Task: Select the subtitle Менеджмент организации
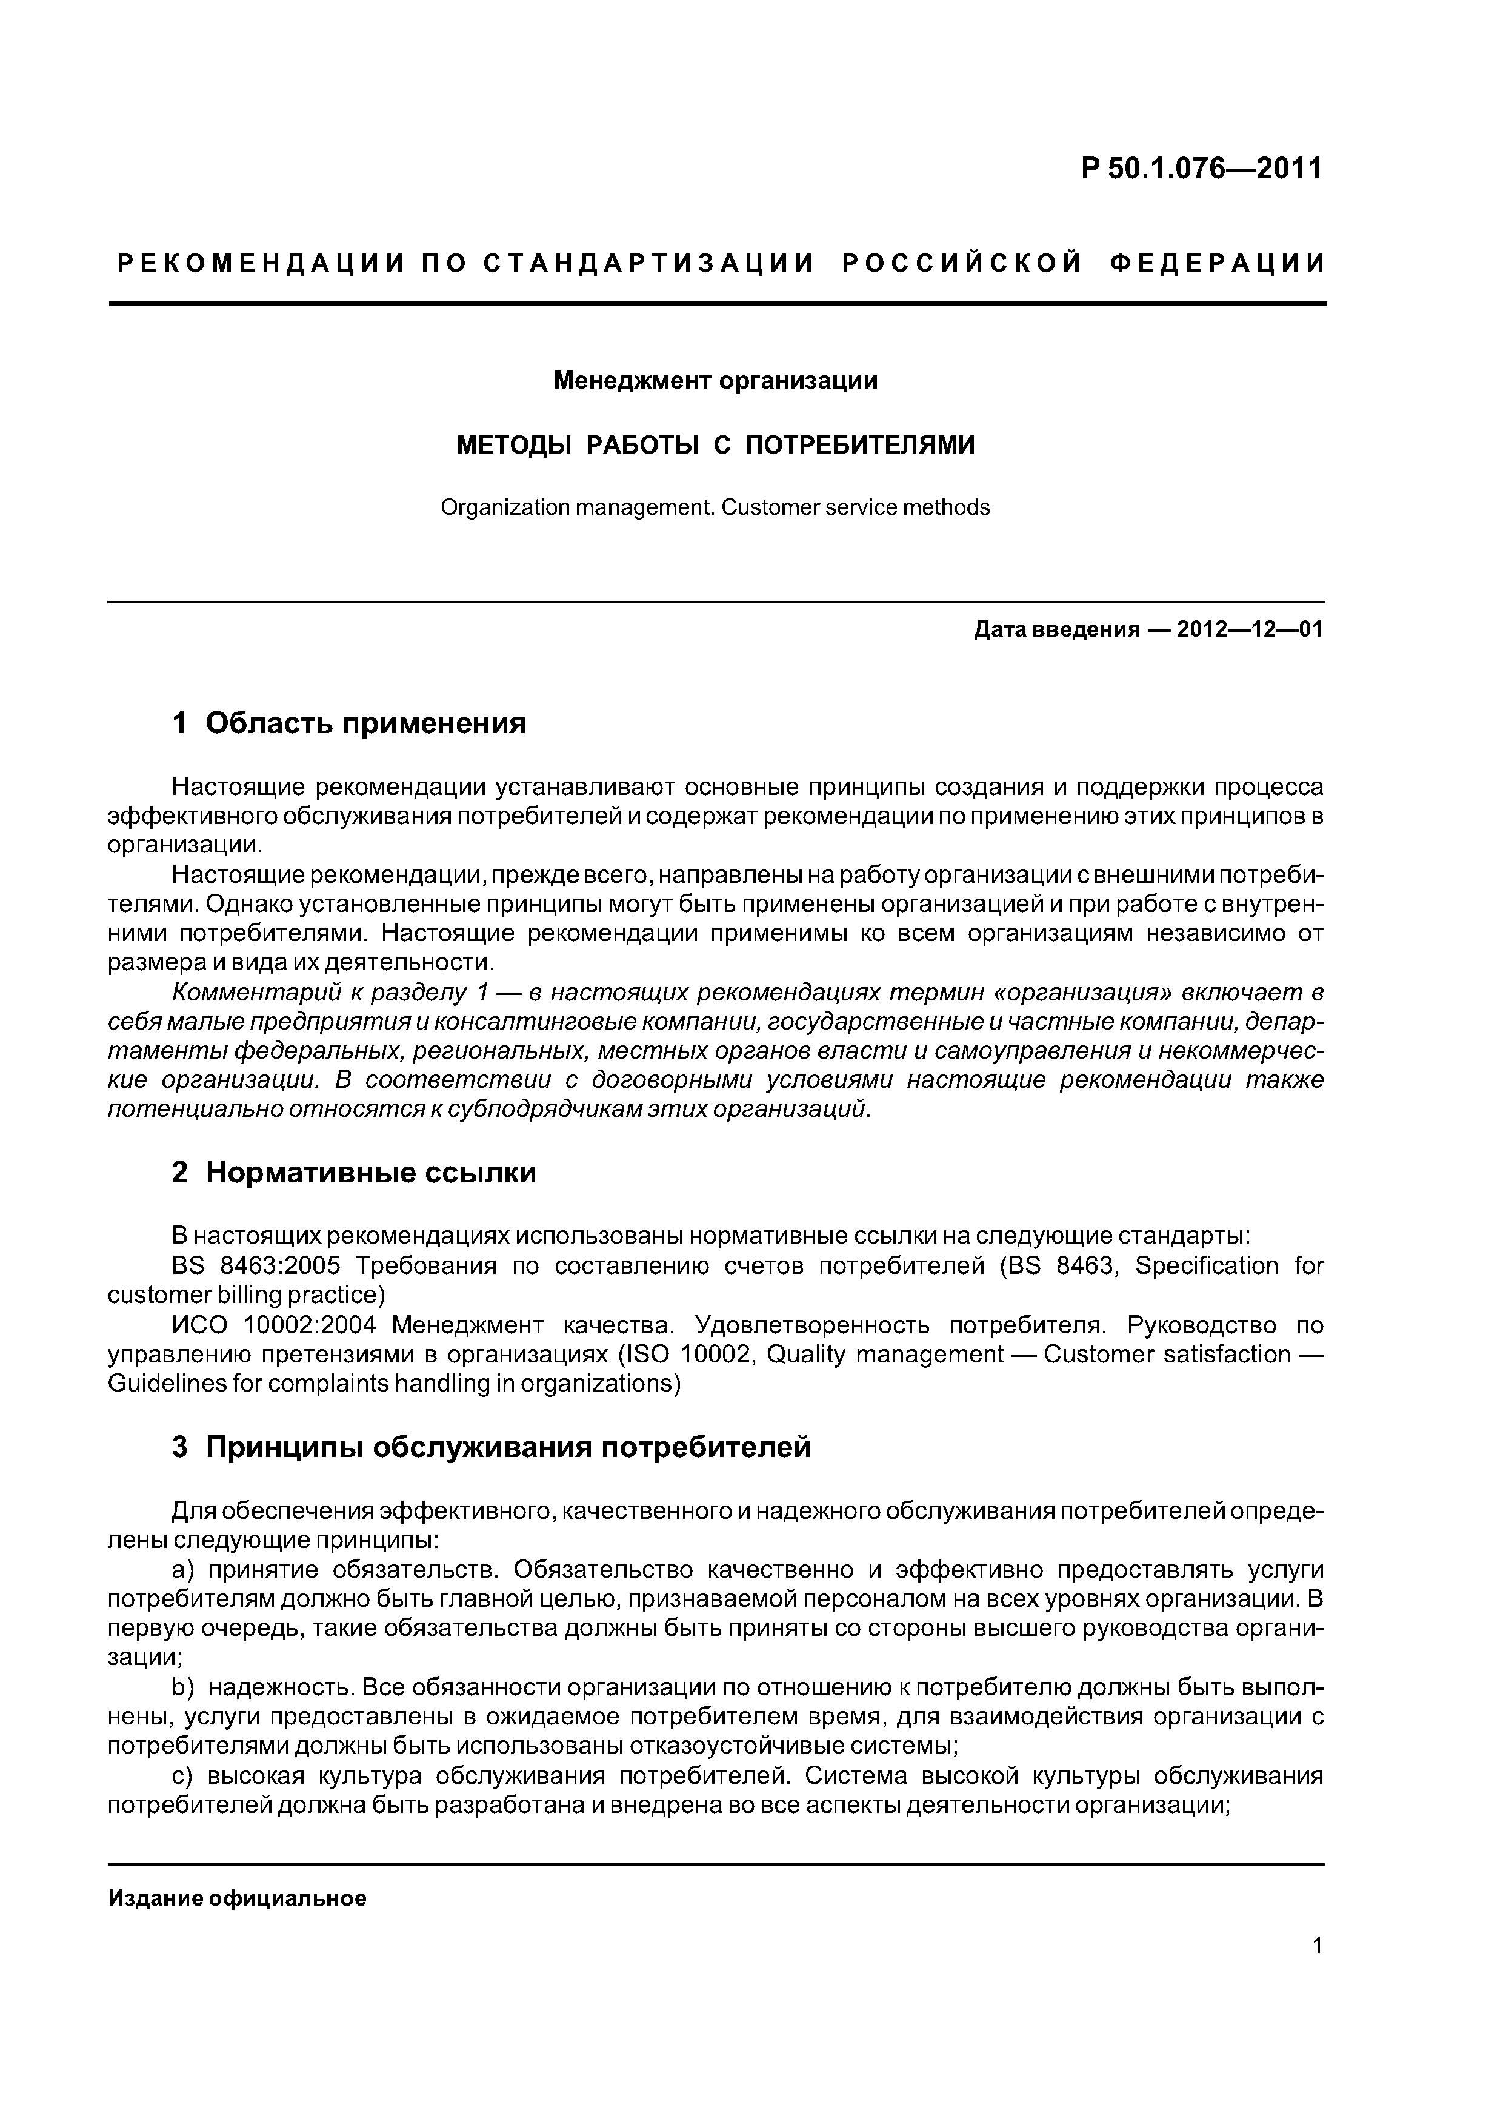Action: [715, 381]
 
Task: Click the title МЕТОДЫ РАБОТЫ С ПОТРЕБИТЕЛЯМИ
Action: [716, 446]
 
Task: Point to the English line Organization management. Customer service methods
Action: [715, 507]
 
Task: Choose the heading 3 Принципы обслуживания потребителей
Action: [491, 1447]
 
